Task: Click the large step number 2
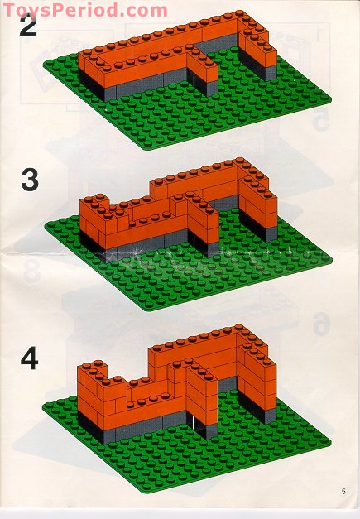30,26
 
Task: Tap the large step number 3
30,180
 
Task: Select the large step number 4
30,359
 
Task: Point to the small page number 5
342,491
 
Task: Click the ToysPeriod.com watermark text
73,10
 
